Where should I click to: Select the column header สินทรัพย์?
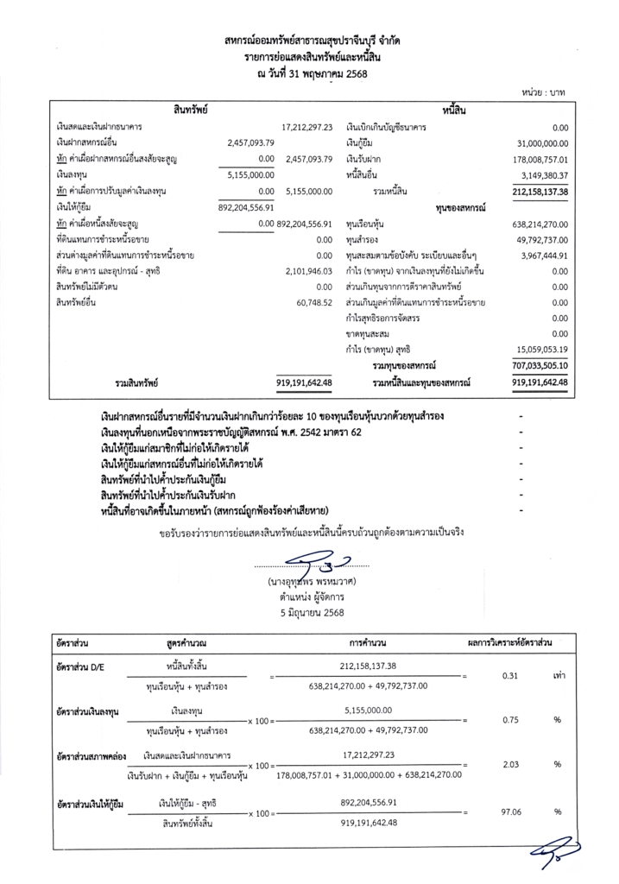[191, 110]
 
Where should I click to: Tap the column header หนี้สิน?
[455, 110]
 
